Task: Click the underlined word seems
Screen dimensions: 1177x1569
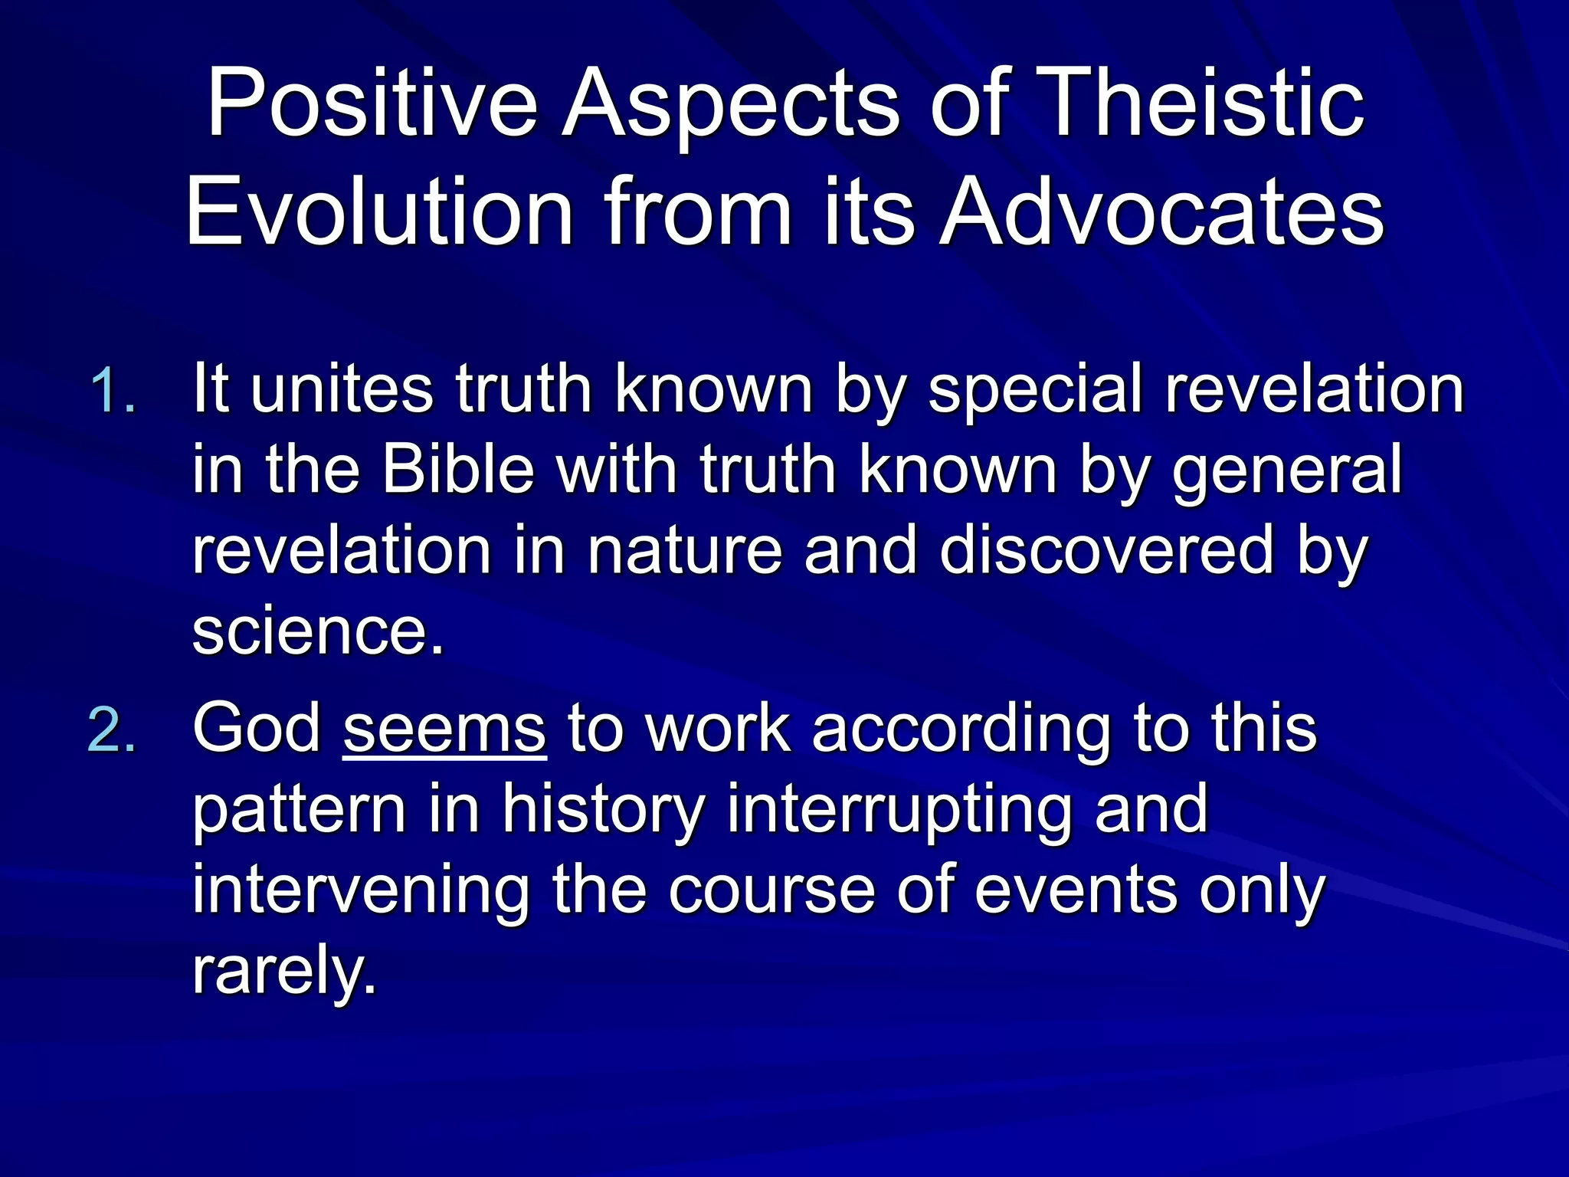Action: point(444,729)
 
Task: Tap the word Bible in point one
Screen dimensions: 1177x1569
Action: point(458,469)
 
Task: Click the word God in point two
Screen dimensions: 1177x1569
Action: point(257,729)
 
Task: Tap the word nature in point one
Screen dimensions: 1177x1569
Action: point(684,550)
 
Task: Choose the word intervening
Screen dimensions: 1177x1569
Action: point(361,890)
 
